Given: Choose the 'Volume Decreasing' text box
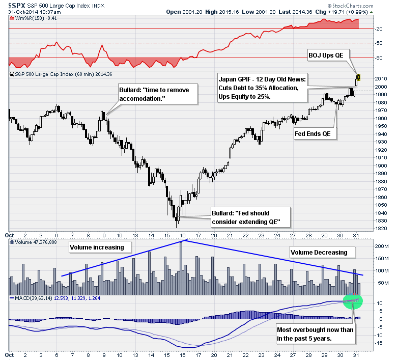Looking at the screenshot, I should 319,252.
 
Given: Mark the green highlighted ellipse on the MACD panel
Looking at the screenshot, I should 352,301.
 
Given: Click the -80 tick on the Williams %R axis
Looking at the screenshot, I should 379,58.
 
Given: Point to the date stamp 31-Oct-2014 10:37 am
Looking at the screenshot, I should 30,12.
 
